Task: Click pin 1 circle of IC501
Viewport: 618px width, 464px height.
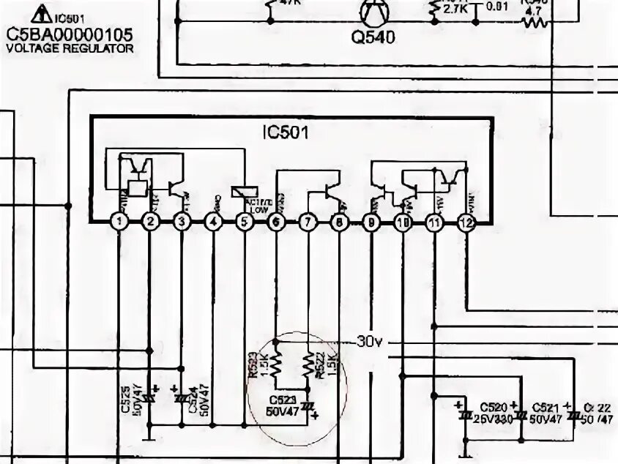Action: pyautogui.click(x=119, y=220)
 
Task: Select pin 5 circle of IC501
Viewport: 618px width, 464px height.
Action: pyautogui.click(x=245, y=220)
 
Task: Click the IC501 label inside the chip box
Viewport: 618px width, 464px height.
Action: pyautogui.click(x=286, y=133)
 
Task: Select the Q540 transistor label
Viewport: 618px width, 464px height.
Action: pyautogui.click(x=373, y=37)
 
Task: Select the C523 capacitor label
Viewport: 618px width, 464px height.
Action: pyautogui.click(x=282, y=400)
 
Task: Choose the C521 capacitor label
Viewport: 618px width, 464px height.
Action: pyautogui.click(x=546, y=407)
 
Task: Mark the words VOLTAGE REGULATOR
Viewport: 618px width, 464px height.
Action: pyautogui.click(x=70, y=48)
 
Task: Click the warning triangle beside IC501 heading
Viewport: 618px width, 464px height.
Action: pyautogui.click(x=42, y=13)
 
